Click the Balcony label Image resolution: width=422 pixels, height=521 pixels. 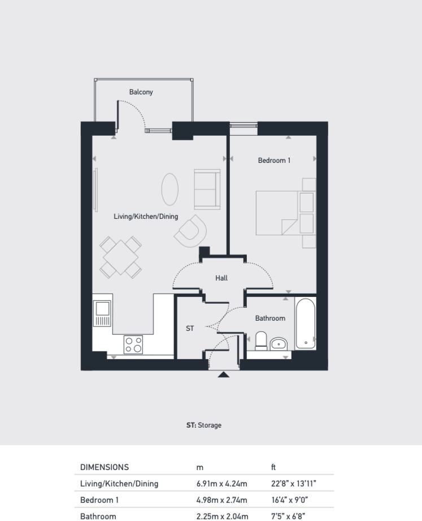coord(141,92)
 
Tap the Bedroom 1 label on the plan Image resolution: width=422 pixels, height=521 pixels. coord(274,161)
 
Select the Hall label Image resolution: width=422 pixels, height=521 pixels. coord(221,278)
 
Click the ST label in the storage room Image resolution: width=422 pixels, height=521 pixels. coord(190,328)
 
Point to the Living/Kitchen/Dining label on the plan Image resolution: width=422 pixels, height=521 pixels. coord(146,216)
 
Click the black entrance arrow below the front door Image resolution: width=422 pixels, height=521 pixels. coord(224,374)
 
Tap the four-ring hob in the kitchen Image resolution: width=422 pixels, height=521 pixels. coord(133,345)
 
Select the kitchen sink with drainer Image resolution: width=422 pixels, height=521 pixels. coord(102,313)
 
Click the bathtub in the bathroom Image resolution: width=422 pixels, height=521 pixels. coord(306,324)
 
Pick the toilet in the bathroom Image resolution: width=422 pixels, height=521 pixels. coord(261,341)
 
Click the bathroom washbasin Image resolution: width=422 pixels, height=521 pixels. coord(279,343)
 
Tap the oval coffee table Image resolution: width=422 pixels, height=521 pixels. coord(170,190)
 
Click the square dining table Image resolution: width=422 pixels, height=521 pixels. coord(120,257)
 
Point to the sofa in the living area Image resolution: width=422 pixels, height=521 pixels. coord(207,190)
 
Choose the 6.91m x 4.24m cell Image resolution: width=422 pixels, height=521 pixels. coord(221,484)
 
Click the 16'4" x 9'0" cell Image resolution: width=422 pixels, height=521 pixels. coord(290,500)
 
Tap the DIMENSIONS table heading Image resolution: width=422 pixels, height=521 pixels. coord(105,467)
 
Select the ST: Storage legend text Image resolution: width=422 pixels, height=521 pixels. coord(204,425)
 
